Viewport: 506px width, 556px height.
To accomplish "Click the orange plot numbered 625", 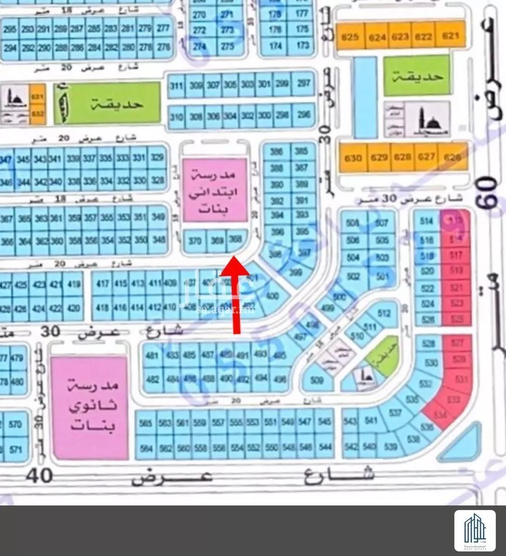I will pyautogui.click(x=350, y=38).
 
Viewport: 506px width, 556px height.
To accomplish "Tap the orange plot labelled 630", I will pyautogui.click(x=353, y=158).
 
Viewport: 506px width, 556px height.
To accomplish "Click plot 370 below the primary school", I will pyautogui.click(x=195, y=241).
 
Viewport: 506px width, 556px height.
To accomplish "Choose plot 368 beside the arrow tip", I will pyautogui.click(x=236, y=240).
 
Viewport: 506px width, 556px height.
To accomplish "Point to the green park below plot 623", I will pyautogui.click(x=417, y=75).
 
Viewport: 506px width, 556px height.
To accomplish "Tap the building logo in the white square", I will pyautogui.click(x=475, y=531).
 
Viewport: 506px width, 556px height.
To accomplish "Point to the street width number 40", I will pyautogui.click(x=39, y=477).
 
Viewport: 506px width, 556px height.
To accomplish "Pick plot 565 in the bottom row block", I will pyautogui.click(x=148, y=422).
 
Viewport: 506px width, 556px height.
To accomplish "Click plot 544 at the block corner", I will pyautogui.click(x=324, y=447).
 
